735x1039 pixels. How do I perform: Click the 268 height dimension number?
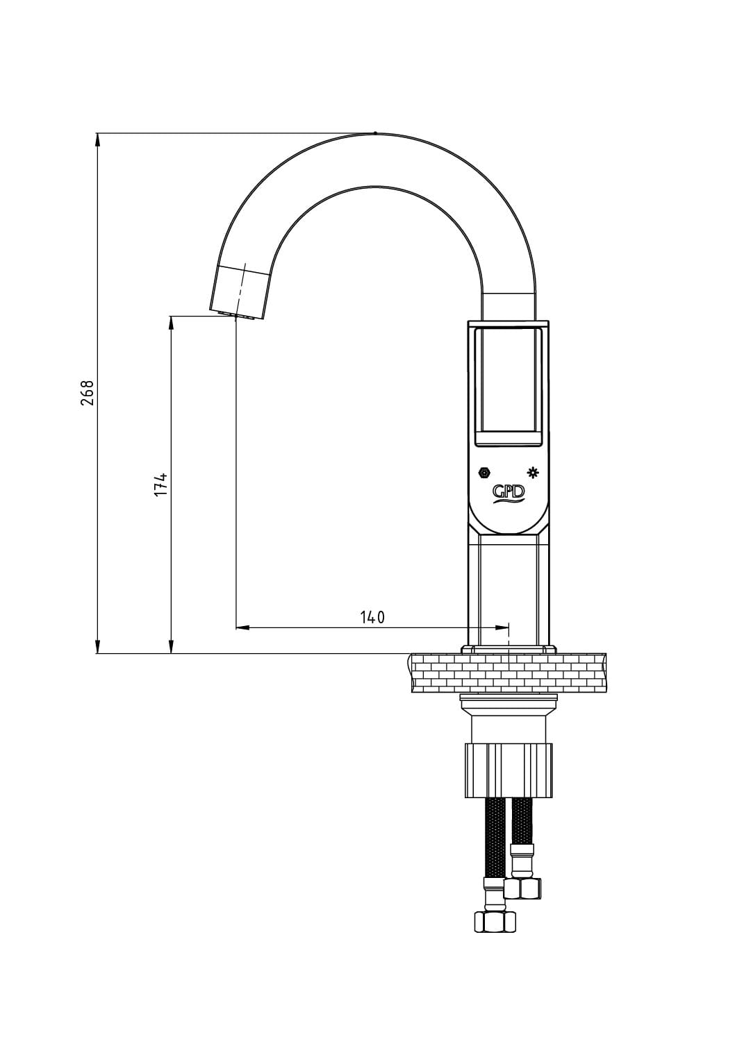pos(88,393)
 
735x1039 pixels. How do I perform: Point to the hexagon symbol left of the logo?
pos(485,473)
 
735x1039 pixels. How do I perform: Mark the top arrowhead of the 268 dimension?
pos(97,140)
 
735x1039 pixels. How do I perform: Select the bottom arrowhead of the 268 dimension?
pos(97,646)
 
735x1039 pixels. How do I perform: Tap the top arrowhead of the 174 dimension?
pos(172,323)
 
